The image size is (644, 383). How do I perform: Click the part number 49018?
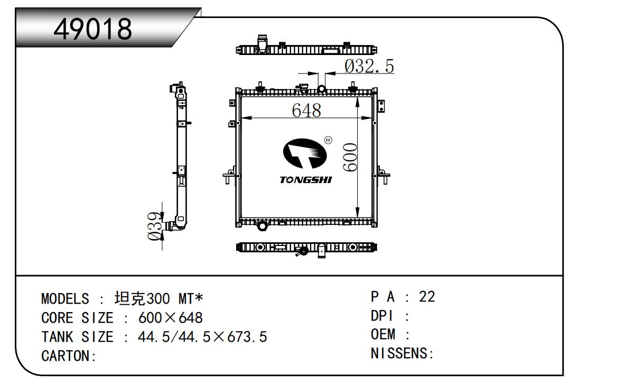(x=94, y=30)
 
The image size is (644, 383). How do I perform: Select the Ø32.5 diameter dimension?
(x=369, y=66)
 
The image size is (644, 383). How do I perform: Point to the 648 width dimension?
(x=306, y=111)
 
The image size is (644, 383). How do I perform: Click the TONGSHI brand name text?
(x=306, y=180)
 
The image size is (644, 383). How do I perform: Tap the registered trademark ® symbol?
(x=328, y=140)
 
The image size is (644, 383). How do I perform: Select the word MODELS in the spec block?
(x=65, y=299)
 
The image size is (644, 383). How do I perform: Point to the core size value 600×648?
(x=170, y=318)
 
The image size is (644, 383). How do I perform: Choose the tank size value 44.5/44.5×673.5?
(x=202, y=337)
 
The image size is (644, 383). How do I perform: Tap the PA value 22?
(x=426, y=297)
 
